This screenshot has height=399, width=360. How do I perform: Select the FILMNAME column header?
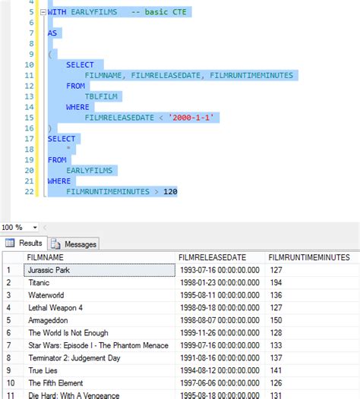tap(46, 257)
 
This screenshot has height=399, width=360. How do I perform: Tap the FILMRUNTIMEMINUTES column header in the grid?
tap(311, 257)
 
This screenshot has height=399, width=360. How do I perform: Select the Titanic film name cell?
tap(39, 283)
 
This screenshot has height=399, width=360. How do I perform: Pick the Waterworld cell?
tap(46, 296)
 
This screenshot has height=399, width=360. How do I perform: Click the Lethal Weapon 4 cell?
tap(55, 309)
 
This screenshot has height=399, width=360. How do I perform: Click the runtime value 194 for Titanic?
tap(279, 283)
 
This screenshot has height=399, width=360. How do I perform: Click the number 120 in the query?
tap(169, 192)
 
